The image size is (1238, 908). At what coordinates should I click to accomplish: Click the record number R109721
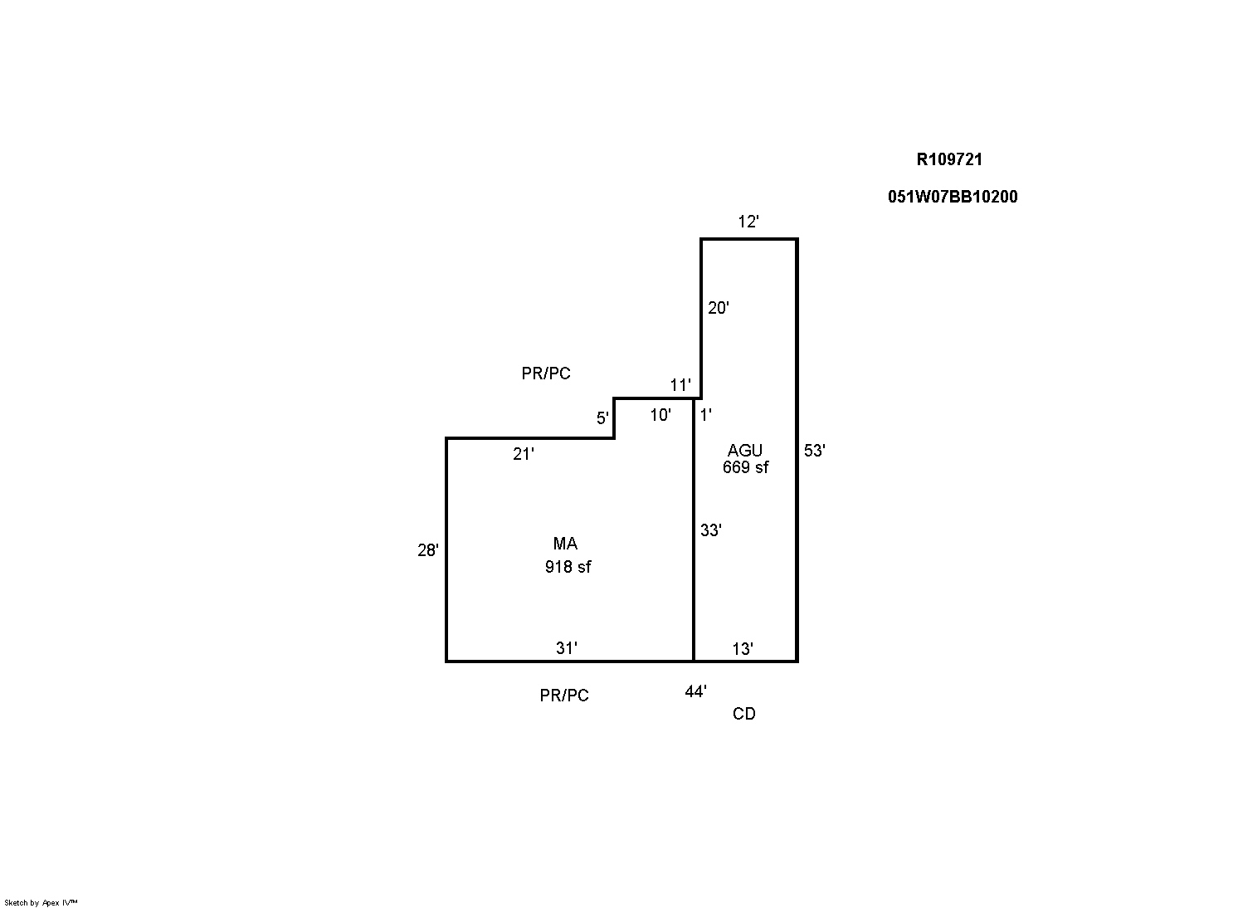tap(949, 159)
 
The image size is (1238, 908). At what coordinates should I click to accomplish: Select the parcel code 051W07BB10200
tap(953, 197)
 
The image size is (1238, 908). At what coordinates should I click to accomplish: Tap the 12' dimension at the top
tap(748, 222)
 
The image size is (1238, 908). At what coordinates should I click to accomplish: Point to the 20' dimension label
tap(719, 308)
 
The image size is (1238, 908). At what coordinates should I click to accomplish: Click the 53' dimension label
tap(815, 451)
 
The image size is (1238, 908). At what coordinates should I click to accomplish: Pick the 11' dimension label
tap(680, 385)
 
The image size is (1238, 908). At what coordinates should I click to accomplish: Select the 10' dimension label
tap(660, 415)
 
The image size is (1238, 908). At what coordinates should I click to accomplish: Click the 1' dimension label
tap(706, 415)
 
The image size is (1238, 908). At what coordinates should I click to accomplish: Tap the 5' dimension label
tap(602, 418)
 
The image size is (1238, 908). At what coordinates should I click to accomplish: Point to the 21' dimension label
tap(524, 454)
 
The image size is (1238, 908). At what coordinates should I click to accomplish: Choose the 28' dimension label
tap(428, 550)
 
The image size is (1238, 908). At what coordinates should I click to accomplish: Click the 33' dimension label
tap(711, 530)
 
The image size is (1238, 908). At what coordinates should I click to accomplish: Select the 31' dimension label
tap(567, 648)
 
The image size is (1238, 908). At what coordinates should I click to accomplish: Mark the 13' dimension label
tap(743, 649)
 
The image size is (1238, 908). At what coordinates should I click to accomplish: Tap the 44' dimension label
tap(696, 691)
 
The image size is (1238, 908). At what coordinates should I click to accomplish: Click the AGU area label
tap(745, 450)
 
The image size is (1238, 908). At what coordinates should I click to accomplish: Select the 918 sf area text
tap(568, 567)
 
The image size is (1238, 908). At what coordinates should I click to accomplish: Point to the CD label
tap(744, 714)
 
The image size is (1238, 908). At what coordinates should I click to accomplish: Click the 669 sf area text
tap(746, 467)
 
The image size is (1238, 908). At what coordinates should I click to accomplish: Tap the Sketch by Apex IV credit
tap(41, 902)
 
